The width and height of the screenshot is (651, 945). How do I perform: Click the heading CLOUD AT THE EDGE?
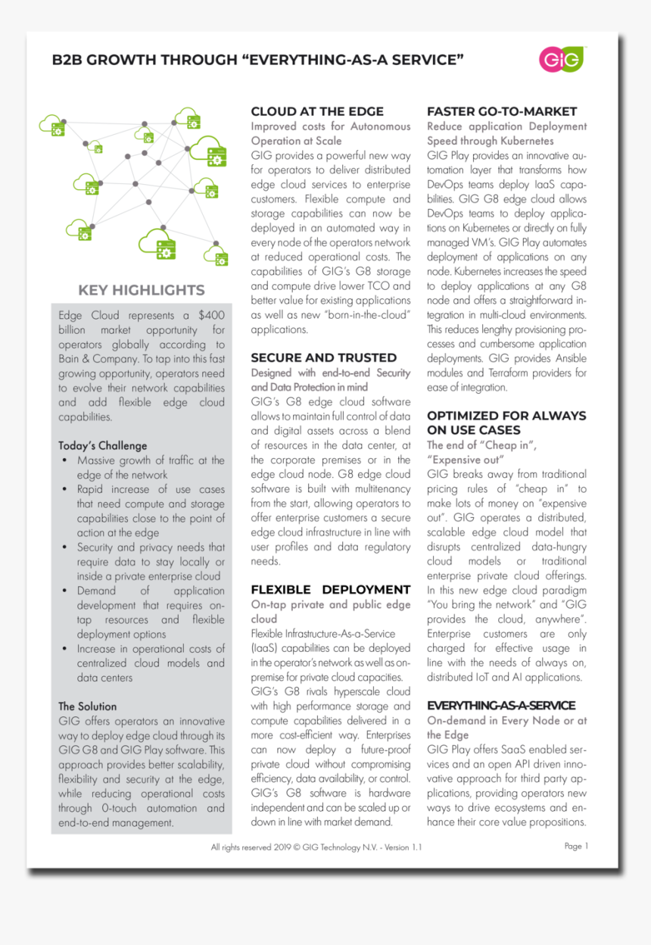coord(317,111)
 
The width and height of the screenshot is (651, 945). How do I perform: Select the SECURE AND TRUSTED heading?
coord(323,357)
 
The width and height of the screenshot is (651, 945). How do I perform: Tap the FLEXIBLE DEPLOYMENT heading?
coord(330,589)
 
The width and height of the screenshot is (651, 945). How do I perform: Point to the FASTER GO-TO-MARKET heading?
coord(501,111)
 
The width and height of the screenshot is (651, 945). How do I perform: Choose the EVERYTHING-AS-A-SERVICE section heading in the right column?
coord(500,705)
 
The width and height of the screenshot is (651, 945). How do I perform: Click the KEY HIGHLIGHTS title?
coord(142,290)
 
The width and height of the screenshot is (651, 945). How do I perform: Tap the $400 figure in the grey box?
coord(211,315)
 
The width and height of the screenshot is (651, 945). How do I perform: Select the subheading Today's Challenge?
coord(102,445)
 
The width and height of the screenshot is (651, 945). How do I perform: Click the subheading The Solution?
coord(87,706)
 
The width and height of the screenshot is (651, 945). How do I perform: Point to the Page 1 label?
coord(576,846)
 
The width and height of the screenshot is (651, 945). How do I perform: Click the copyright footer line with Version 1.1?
coord(316,847)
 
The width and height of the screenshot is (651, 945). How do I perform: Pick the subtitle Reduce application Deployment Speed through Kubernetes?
coord(506,133)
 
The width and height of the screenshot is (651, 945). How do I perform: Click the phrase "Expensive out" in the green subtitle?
coord(465,460)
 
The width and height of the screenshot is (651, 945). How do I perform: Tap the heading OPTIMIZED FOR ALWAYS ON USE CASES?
coord(506,423)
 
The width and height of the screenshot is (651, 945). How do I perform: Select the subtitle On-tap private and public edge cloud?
coord(330,611)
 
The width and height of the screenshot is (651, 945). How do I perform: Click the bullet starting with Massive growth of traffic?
coord(150,467)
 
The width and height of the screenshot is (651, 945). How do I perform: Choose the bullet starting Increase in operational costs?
coord(150,663)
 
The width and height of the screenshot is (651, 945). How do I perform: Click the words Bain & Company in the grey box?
coord(95,358)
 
